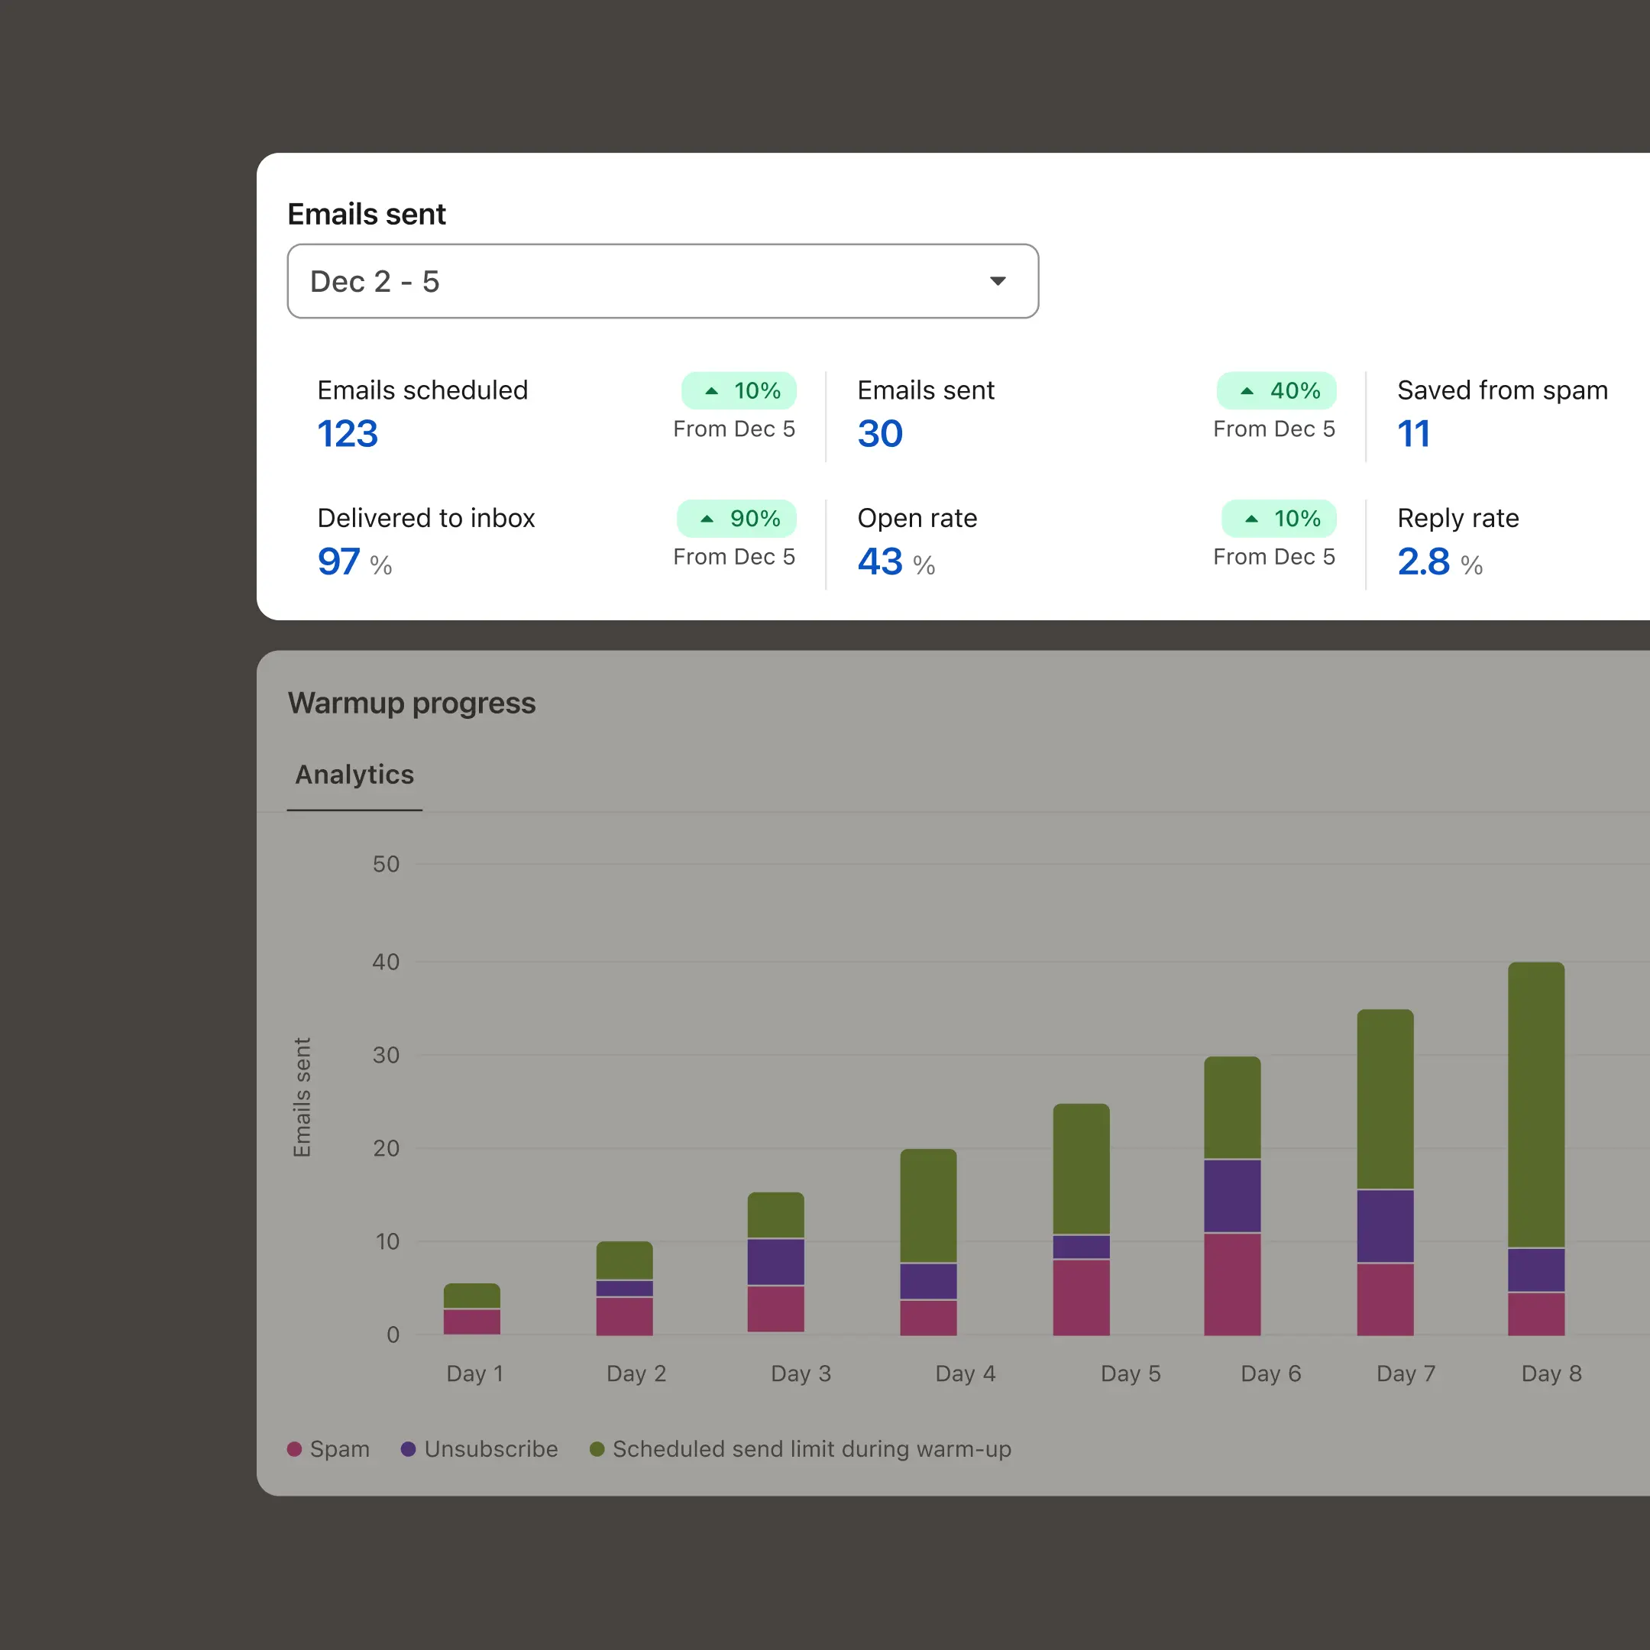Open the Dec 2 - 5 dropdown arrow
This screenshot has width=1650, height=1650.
[x=998, y=281]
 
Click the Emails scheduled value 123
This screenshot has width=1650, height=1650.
[x=348, y=434]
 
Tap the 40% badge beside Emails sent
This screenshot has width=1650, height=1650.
[x=1276, y=391]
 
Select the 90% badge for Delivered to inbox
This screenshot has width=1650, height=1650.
[x=736, y=519]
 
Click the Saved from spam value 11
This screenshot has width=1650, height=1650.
[x=1413, y=434]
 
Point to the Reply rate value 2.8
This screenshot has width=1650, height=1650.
[x=1423, y=562]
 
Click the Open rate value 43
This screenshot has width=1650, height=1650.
[x=880, y=562]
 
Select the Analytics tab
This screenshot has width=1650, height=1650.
[x=354, y=775]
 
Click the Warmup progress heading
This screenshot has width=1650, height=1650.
[x=412, y=703]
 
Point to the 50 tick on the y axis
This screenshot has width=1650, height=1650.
[x=386, y=864]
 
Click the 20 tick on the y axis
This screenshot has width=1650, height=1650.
[x=386, y=1149]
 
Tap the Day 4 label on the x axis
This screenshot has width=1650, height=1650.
[x=965, y=1373]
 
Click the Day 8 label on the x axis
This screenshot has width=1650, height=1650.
[x=1551, y=1373]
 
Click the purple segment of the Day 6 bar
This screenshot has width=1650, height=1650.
[x=1231, y=1195]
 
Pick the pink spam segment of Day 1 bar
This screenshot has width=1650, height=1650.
[x=471, y=1322]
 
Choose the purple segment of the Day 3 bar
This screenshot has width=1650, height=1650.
[x=775, y=1261]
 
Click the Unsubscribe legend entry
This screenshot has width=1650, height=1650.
[x=480, y=1449]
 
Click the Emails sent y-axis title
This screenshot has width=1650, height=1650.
[x=302, y=1098]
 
